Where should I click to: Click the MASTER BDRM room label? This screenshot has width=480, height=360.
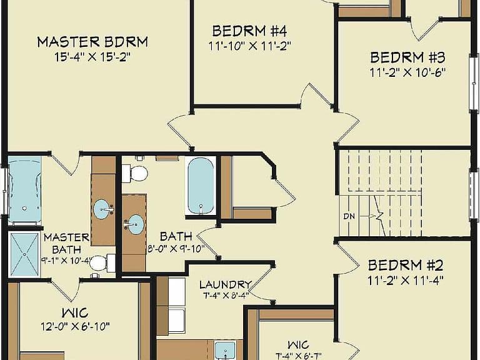[x=92, y=42]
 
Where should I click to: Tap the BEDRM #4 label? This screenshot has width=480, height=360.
[x=249, y=31]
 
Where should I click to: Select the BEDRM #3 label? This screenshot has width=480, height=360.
[x=407, y=57]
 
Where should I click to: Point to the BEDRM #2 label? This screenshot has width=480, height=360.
[x=406, y=265]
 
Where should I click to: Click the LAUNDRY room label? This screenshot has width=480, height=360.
[x=226, y=285]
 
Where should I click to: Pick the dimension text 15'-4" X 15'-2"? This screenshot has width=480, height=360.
[x=92, y=57]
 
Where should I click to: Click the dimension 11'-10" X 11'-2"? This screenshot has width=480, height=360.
[x=249, y=46]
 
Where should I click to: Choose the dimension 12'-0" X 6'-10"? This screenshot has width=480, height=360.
[x=75, y=326]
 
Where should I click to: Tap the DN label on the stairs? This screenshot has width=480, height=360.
[x=349, y=216]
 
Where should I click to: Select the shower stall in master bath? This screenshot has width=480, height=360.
[x=24, y=255]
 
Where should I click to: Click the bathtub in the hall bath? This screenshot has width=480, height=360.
[x=201, y=186]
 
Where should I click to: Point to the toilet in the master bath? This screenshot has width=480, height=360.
[x=102, y=263]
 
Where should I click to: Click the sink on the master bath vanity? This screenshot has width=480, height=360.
[x=102, y=209]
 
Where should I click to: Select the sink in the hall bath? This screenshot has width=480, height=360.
[x=135, y=224]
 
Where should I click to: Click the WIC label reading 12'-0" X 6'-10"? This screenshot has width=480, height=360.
[x=75, y=313]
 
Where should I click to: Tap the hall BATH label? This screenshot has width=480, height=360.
[x=176, y=236]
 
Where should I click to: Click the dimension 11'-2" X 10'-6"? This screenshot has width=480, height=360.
[x=407, y=72]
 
